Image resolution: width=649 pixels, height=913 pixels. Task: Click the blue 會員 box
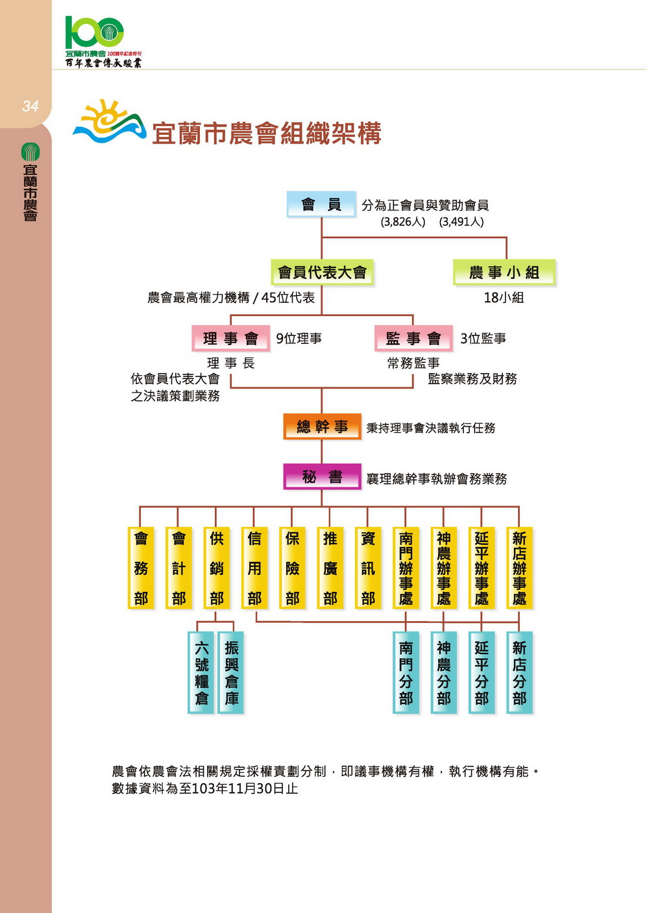tap(321, 204)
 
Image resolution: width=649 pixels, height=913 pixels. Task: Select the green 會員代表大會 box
tap(322, 273)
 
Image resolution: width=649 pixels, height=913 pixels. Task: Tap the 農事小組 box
tap(504, 273)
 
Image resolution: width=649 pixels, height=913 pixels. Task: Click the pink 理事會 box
tap(231, 338)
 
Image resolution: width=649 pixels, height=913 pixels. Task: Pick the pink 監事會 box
tap(413, 338)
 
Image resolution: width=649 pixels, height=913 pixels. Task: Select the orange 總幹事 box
tap(322, 426)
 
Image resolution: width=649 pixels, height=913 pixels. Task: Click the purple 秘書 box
tap(322, 476)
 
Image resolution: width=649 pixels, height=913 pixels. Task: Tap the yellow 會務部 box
tap(141, 568)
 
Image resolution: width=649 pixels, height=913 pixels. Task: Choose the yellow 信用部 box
tap(254, 568)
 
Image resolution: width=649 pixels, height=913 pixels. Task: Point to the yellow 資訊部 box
tap(368, 568)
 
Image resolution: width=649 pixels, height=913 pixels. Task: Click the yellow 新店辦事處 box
tap(519, 568)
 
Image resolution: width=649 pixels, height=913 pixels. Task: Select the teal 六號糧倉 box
tap(201, 672)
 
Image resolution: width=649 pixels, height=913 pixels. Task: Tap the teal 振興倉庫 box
tap(231, 672)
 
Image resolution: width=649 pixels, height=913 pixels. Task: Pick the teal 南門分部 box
tap(406, 672)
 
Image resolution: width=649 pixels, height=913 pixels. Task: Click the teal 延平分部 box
tap(482, 672)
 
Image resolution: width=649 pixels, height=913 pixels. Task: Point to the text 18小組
tap(504, 298)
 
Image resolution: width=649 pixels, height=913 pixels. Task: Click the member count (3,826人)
tap(403, 222)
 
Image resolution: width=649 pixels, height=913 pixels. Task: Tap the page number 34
tap(30, 106)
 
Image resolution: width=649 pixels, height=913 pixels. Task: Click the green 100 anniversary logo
tap(95, 32)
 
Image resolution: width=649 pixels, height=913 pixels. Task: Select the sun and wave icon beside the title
tap(109, 121)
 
